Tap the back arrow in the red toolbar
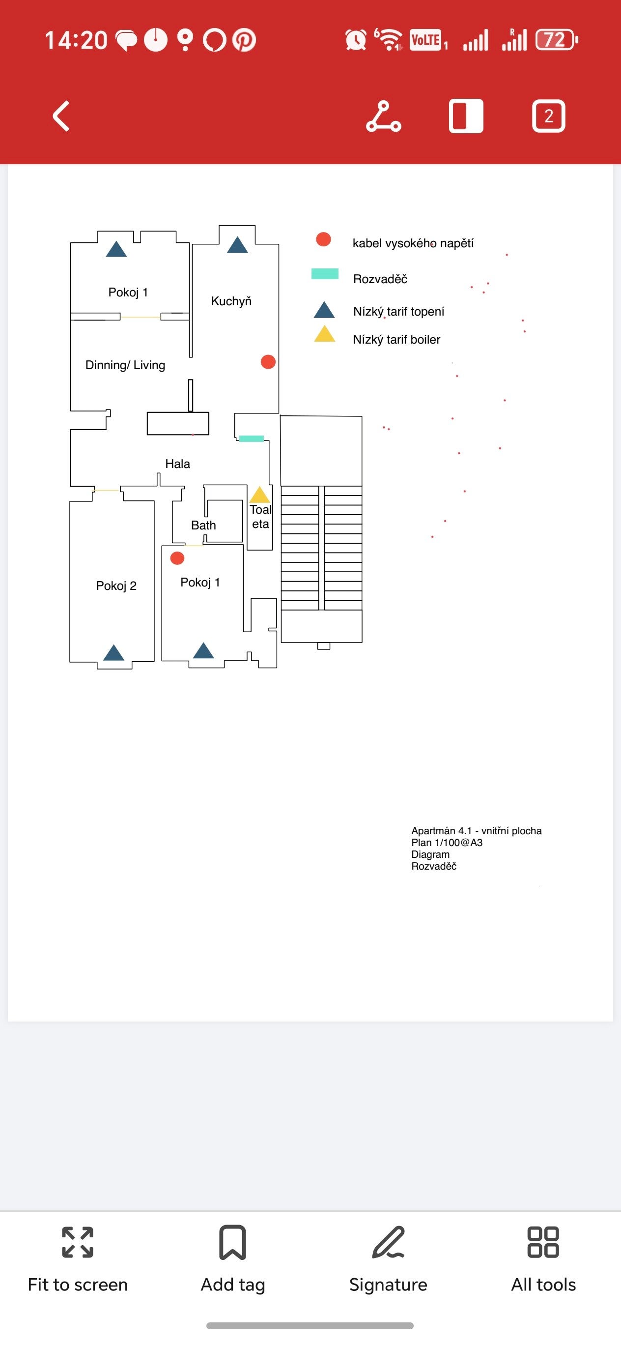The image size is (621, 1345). point(61,116)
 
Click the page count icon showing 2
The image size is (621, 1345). point(548,116)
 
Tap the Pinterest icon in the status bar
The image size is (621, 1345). point(244,40)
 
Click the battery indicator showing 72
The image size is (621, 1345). point(557,40)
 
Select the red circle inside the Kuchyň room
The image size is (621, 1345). point(268,362)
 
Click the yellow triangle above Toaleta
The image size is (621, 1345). point(259,495)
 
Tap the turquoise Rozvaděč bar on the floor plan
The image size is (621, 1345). point(251,439)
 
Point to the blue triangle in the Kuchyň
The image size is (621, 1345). point(237,245)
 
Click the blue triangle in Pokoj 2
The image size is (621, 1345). point(114,653)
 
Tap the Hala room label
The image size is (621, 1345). point(177,464)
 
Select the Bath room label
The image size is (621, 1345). point(203,525)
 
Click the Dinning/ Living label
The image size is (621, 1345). point(125,365)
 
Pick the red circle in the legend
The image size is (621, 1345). point(324,239)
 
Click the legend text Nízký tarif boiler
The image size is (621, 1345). point(396,339)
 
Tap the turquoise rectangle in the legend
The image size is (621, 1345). point(325,274)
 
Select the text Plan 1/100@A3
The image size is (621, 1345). point(447,843)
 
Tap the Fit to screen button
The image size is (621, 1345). point(78,1258)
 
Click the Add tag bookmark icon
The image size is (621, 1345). point(233,1242)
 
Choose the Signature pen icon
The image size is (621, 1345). point(388,1242)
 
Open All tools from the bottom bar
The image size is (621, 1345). point(543,1258)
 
